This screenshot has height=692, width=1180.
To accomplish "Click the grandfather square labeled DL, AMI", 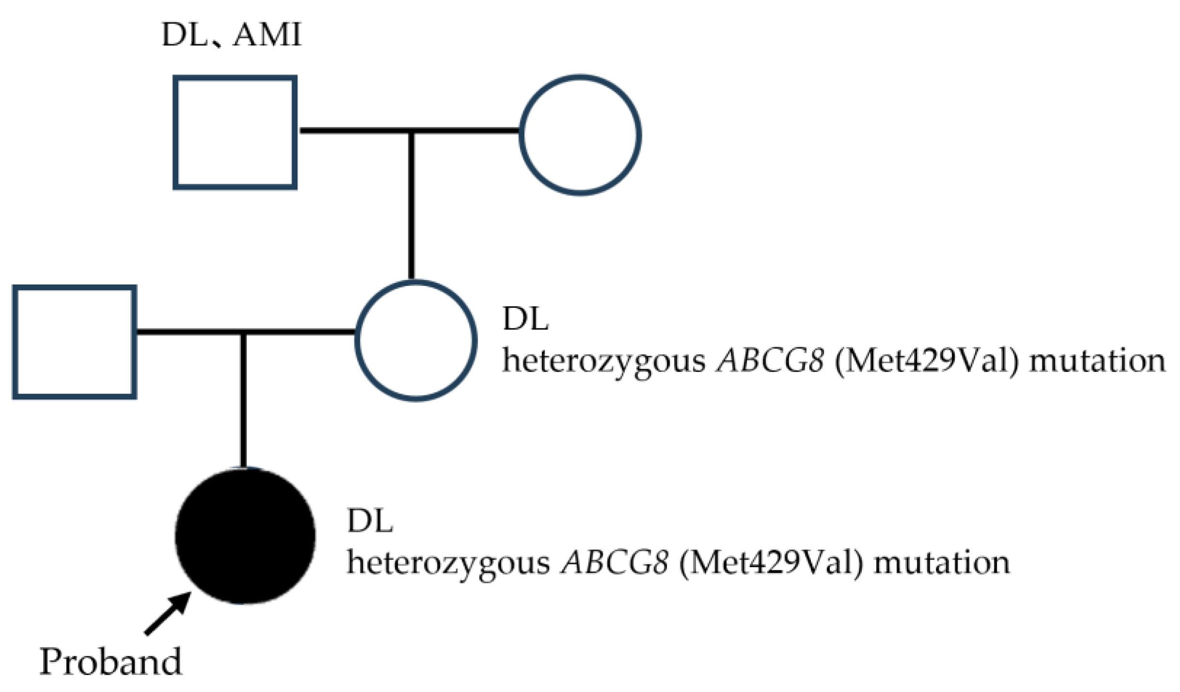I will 235,132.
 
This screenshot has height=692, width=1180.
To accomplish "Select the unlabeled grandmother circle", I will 580,135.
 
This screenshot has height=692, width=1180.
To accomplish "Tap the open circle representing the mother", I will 416,341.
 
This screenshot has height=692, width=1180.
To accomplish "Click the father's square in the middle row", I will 74,342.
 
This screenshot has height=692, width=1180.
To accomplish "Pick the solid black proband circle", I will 245,536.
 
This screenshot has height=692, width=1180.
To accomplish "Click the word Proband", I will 110,662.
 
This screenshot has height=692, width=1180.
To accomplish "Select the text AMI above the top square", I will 267,35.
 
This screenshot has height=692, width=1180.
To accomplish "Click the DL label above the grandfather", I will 184,35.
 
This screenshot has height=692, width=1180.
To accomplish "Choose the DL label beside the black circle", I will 370,521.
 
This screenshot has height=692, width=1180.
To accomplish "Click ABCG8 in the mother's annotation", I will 770,362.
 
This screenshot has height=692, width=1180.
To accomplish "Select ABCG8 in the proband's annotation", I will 614,563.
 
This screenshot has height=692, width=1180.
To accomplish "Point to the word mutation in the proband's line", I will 942,563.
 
